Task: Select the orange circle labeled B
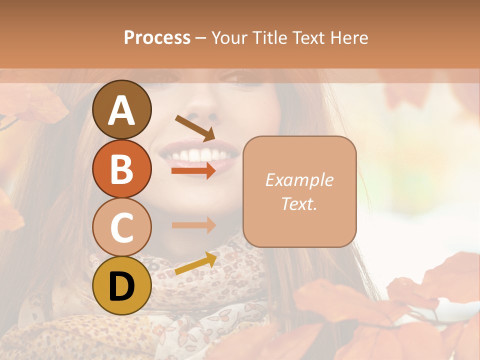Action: tap(122, 169)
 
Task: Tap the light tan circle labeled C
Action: tap(122, 227)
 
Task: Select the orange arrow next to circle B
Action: tap(194, 170)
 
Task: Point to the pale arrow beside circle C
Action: tap(194, 225)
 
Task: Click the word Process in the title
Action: tap(157, 37)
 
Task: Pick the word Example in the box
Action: tap(299, 180)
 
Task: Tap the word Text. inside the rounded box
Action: tap(299, 203)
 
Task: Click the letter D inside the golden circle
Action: tap(122, 286)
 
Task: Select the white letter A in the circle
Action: tap(122, 111)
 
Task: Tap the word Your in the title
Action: tap(229, 37)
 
